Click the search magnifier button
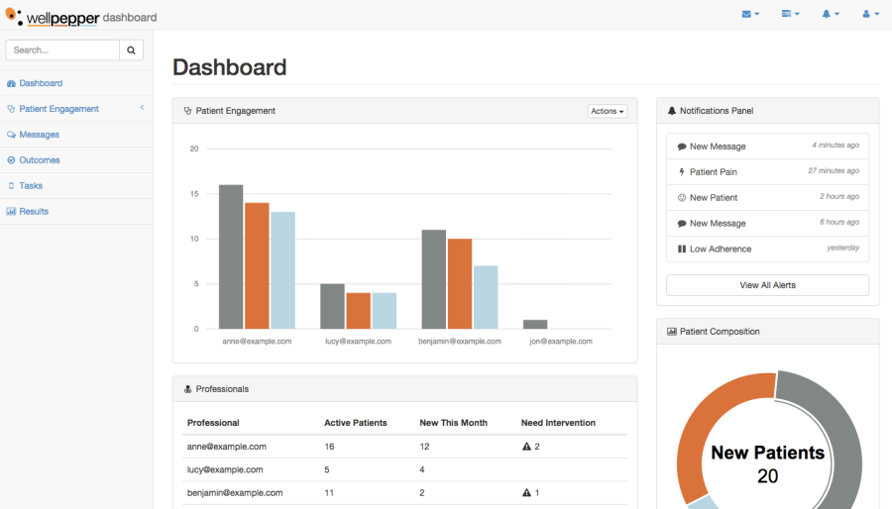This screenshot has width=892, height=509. pos(132,50)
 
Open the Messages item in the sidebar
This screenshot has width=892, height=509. pos(39,135)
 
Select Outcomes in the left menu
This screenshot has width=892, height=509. pos(40,160)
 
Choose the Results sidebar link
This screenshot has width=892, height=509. pos(34,211)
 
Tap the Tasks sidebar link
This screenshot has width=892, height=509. pos(31,186)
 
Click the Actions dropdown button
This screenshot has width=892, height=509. pos(608,111)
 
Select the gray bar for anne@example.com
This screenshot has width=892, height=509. pos(231,256)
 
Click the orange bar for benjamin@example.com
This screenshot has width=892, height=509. pos(459,283)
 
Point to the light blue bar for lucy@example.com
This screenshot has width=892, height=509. pos(384,310)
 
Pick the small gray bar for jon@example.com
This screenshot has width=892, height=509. pos(535,324)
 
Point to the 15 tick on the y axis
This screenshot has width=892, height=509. pos(194,194)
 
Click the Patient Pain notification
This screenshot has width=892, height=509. pos(713,172)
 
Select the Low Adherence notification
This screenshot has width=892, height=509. pos(720,250)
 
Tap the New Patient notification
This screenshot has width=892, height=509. pos(713,198)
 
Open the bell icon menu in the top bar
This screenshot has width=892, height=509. pos(830,14)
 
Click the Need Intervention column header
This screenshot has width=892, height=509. pos(558,423)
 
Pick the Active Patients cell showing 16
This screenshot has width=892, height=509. pos(330,447)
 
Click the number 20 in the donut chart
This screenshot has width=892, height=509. pos(767,476)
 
